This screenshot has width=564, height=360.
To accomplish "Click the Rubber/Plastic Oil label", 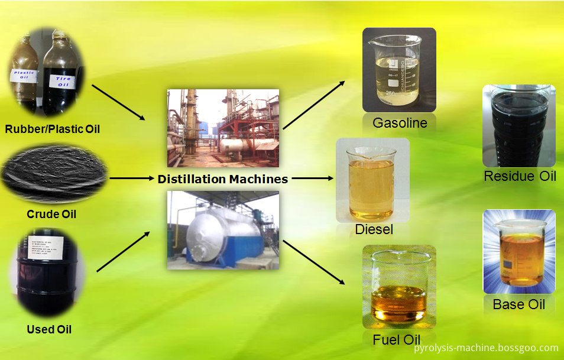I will [x=52, y=128].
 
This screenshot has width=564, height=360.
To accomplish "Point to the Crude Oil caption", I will [x=52, y=214].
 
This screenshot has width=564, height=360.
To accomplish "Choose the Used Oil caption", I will [x=50, y=329].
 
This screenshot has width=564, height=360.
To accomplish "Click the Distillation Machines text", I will [x=223, y=179].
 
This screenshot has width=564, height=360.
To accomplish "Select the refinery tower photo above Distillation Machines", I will [x=223, y=128].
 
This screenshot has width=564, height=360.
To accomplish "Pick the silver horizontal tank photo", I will [x=223, y=230].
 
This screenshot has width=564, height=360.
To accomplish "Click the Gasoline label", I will [x=400, y=123].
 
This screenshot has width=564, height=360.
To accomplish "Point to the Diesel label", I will [x=374, y=229].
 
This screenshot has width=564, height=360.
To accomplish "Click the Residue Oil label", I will [x=520, y=176].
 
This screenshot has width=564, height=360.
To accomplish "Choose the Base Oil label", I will [x=518, y=304].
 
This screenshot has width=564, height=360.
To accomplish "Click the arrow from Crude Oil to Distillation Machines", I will [x=131, y=177].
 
